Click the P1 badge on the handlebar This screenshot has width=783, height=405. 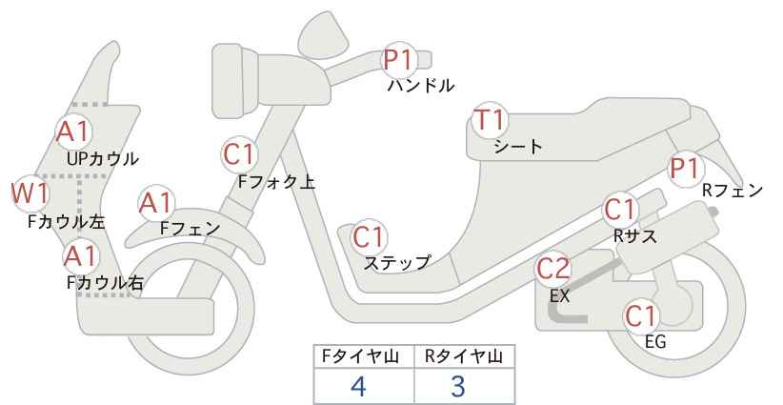pos(399,60)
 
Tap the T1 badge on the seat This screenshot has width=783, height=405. pos(491,120)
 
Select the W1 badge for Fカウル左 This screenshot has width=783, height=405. pos(30,193)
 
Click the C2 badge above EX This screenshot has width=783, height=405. pos(552,269)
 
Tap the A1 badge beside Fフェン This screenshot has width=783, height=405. pos(156,204)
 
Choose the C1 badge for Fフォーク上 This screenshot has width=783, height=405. pos(239,154)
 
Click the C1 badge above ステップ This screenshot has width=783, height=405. pos(370,236)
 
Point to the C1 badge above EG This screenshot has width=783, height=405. pos(641,315)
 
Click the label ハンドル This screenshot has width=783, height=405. pos(421,86)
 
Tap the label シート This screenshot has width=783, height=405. pos(518,147)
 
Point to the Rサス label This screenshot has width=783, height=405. pos(635,235)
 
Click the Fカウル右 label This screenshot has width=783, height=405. pos(105,283)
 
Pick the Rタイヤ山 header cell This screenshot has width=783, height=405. pos(465,356)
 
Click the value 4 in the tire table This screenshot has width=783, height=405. pos(358,386)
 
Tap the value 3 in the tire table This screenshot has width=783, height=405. pos(458,386)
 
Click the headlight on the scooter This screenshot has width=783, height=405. pos(235,81)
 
